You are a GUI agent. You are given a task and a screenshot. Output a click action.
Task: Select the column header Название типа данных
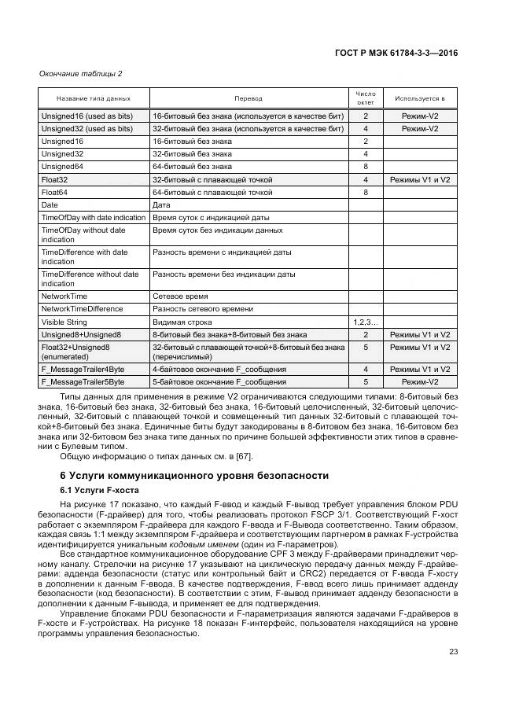[x=94, y=98]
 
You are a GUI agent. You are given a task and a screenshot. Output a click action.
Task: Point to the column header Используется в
[x=420, y=98]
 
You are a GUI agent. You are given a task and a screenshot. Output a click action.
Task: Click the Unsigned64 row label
[x=62, y=167]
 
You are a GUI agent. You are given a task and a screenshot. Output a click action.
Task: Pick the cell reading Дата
[x=161, y=204]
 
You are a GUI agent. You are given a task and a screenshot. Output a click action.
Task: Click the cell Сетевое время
[x=180, y=296]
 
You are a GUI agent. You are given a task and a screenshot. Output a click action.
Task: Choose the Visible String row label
[x=64, y=322]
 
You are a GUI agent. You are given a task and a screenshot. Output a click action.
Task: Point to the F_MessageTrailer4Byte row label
[x=83, y=368]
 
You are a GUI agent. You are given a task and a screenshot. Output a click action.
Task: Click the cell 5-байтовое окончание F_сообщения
[x=219, y=381]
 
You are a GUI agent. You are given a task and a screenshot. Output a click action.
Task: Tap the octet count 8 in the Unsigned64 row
[x=366, y=167]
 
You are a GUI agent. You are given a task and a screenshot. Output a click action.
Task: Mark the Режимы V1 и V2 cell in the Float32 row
[x=420, y=179]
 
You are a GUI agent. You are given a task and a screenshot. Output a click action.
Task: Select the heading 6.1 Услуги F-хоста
[x=98, y=490]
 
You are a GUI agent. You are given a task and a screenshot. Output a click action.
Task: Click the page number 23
[x=453, y=651]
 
